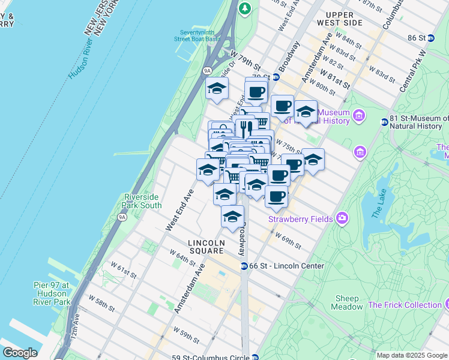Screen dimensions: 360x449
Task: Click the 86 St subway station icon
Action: pos(430,38)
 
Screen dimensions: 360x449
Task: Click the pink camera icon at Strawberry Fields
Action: pos(342,217)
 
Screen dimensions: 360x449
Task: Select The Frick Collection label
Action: pos(405,305)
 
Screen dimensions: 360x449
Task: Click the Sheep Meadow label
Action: pos(348,302)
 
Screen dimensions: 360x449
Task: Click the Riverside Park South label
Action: pos(143,201)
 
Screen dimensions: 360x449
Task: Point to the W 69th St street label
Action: pos(289,241)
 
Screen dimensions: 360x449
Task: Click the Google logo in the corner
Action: pos(20,353)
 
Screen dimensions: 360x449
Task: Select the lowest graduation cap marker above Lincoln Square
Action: pos(232,217)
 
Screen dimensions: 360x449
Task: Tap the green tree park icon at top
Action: pos(244,8)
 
